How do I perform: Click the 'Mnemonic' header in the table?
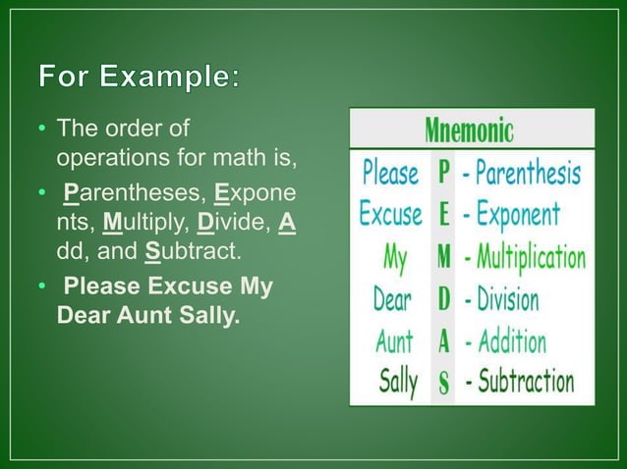click(471, 130)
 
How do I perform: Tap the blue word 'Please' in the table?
click(390, 174)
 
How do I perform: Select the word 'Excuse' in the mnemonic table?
click(390, 214)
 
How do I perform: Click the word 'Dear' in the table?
click(392, 298)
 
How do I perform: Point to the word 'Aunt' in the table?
click(394, 340)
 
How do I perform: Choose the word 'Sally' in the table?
click(398, 381)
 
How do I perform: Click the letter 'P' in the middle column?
click(444, 174)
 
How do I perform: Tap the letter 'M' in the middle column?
click(444, 257)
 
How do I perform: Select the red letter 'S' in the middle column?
click(444, 383)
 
